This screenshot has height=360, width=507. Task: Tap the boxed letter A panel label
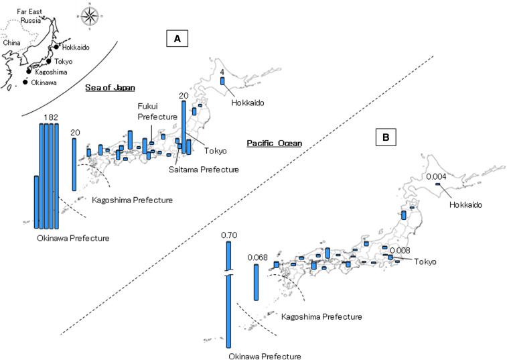point(177,40)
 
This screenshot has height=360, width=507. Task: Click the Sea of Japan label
point(110,88)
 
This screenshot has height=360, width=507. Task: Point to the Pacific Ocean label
point(274,143)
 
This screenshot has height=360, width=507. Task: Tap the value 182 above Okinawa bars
point(51,117)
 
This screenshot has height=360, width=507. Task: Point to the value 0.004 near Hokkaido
point(437,176)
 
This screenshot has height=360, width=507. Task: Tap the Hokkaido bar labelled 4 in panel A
point(222,80)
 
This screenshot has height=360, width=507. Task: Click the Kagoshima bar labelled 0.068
point(255,282)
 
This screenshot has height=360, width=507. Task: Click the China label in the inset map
point(12,42)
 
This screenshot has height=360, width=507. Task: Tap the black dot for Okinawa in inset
point(25,82)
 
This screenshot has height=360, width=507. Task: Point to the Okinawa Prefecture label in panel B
point(264,356)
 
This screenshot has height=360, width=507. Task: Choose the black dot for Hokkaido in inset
point(57,47)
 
